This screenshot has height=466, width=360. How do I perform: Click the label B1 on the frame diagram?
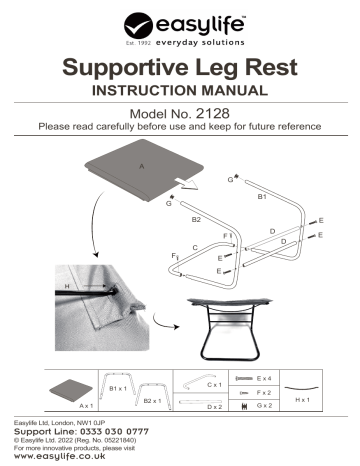262,198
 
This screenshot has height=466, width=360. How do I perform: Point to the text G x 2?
266,407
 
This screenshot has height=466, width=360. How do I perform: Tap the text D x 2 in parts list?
214,407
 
